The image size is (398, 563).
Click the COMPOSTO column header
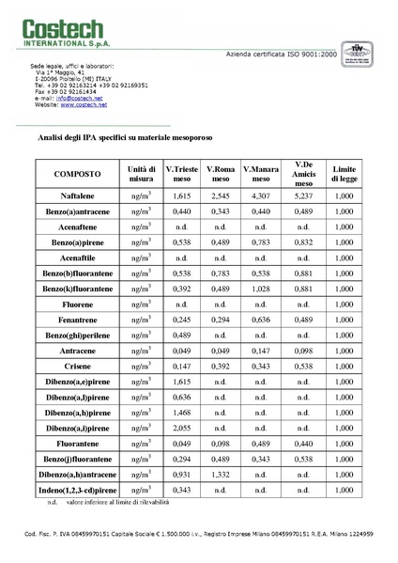(x=78, y=175)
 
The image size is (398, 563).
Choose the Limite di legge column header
(x=344, y=175)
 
